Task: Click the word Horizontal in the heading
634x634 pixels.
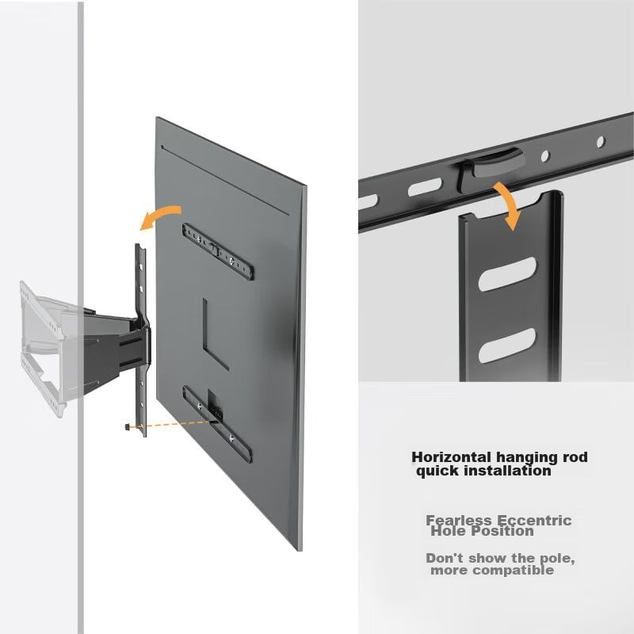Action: (x=452, y=457)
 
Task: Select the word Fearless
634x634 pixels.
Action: (x=459, y=520)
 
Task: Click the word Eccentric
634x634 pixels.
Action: (x=533, y=521)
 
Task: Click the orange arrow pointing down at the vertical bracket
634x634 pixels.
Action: (x=509, y=204)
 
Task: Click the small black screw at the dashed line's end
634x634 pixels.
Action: (x=128, y=426)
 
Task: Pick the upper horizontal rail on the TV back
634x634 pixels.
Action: (x=217, y=251)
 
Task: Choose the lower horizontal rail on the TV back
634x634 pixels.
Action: (x=217, y=423)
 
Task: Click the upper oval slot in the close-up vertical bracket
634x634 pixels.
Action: (x=507, y=273)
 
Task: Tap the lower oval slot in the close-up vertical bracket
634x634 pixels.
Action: (x=507, y=345)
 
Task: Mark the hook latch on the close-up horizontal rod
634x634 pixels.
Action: (x=490, y=166)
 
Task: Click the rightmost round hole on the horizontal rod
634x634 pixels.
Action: (x=601, y=142)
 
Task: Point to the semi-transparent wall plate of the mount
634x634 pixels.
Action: (x=44, y=348)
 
